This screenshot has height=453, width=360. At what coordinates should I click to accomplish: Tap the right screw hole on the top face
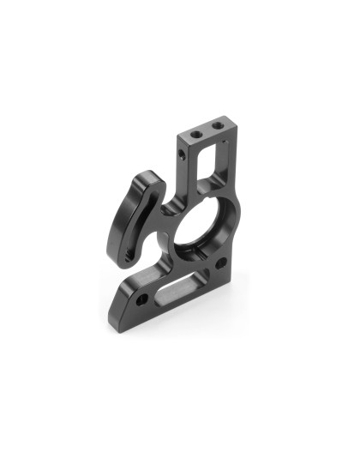(x=215, y=128)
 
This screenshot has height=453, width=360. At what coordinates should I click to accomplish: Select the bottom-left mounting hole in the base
(x=141, y=298)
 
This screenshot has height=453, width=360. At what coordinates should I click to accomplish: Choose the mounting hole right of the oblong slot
(x=221, y=263)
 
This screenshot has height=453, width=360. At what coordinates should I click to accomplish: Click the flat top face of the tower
(x=206, y=131)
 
